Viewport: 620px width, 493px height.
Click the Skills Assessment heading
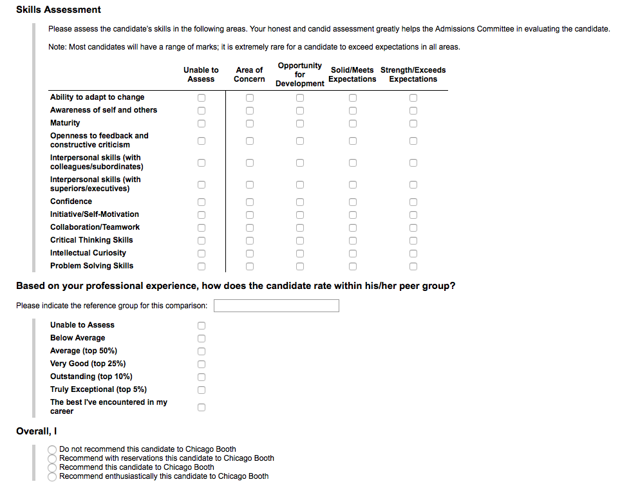click(59, 10)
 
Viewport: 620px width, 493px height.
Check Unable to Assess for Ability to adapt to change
click(202, 98)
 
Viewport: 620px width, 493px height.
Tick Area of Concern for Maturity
click(250, 124)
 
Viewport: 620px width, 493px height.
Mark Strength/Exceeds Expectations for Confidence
click(413, 202)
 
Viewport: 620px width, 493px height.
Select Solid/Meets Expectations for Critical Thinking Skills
click(353, 241)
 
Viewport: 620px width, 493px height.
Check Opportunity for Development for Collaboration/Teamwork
click(300, 228)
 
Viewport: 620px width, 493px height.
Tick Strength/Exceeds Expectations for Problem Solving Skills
click(413, 266)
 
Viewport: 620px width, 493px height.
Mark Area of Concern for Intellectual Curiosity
click(250, 254)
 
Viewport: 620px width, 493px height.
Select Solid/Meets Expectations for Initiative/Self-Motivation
click(353, 215)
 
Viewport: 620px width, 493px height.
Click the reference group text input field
click(276, 306)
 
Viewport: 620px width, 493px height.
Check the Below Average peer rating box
click(202, 339)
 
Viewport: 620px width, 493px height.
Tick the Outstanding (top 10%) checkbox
click(202, 377)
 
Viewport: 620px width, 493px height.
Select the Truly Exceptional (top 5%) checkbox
click(202, 390)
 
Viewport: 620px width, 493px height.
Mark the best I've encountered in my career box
click(202, 407)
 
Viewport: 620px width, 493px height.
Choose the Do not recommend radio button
click(52, 449)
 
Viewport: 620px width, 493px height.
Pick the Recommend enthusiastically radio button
click(52, 477)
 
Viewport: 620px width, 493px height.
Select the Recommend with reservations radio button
click(52, 458)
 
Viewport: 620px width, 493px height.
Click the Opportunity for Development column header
click(300, 75)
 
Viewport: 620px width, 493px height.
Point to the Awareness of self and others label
click(104, 110)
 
